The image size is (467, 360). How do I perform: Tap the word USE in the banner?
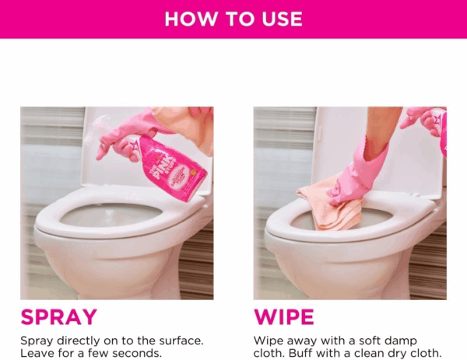pyautogui.click(x=282, y=19)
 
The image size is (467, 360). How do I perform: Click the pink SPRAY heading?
pyautogui.click(x=58, y=317)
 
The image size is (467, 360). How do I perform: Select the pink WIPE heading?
pyautogui.click(x=284, y=317)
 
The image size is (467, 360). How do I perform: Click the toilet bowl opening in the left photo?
pyautogui.click(x=111, y=215)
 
